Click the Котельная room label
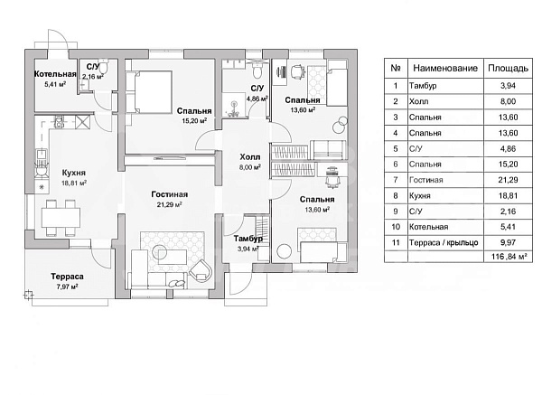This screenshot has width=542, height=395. (54, 74)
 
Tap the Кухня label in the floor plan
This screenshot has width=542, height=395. (73, 170)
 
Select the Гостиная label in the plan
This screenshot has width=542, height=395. (169, 193)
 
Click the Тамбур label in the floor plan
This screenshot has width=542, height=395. (248, 239)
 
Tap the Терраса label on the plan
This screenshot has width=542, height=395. (67, 276)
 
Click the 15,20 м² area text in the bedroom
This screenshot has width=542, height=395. (193, 119)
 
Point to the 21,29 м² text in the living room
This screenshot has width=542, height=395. (169, 205)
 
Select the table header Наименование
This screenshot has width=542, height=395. (439, 67)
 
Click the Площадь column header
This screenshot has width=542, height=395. (508, 67)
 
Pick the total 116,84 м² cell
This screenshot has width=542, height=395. (508, 258)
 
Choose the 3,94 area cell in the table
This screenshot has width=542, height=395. (508, 85)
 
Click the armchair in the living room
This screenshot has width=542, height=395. (201, 267)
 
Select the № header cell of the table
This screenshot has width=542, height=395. (395, 67)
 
